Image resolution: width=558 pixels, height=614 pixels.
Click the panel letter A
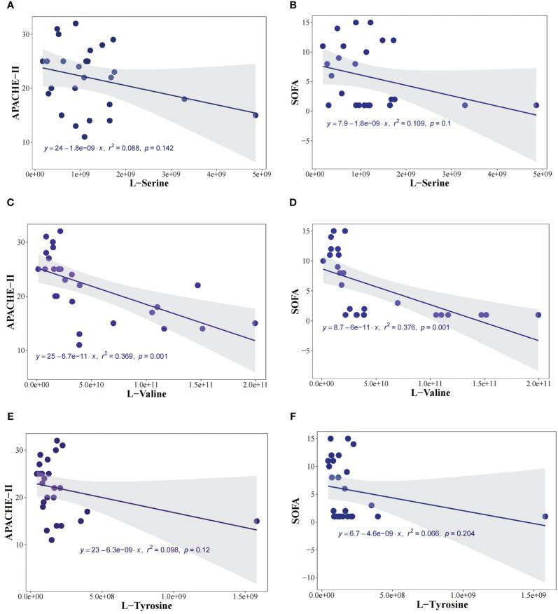point(6,6)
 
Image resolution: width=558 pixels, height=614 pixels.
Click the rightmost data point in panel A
point(256,115)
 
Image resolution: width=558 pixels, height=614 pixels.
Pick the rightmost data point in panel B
point(536,105)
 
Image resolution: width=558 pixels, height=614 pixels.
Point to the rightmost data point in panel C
point(256,323)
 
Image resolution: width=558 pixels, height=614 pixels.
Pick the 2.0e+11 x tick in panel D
point(538,382)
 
